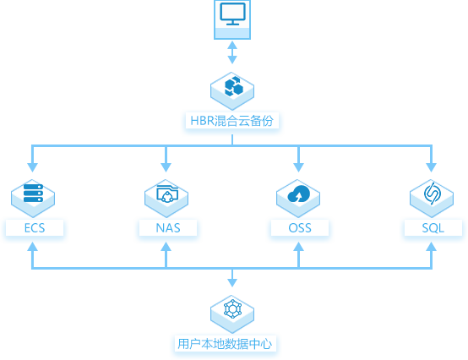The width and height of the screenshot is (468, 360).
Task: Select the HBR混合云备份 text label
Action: pos(232,121)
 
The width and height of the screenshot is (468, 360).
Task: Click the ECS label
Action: pos(35,228)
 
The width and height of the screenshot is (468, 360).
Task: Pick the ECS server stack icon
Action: pos(33,193)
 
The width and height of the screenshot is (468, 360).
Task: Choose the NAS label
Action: pos(168,228)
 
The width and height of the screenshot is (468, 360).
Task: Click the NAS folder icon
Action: pos(167,194)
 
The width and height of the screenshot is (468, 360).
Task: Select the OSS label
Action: pos(300,228)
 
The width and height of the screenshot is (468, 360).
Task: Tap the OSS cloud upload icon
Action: pos(298,194)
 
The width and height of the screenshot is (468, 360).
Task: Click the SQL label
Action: pos(433,228)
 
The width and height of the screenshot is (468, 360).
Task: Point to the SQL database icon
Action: pos(433,194)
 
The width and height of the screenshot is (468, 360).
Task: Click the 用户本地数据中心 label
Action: pos(225,344)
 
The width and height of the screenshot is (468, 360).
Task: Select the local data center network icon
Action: pos(233,308)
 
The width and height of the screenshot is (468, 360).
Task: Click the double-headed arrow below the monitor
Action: pos(232,52)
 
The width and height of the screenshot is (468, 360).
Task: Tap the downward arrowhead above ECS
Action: pos(33,167)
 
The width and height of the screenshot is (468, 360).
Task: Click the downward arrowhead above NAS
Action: pos(166,167)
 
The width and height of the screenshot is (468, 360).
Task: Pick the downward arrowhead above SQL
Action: pos(432,167)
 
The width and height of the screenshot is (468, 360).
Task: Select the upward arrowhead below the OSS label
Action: pos(298,246)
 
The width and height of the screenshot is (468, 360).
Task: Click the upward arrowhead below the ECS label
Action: pos(33,246)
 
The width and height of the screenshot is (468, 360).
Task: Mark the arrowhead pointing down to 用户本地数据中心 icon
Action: pos(232,283)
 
